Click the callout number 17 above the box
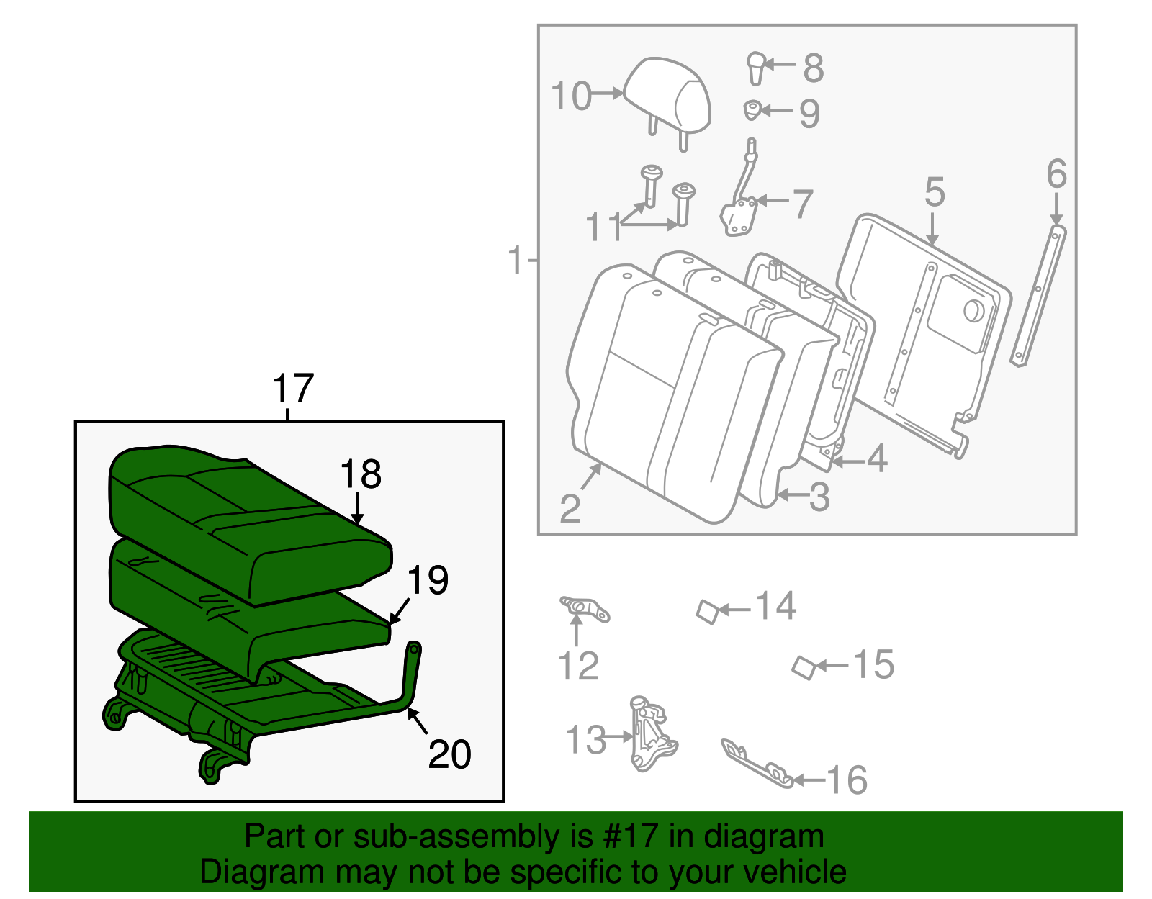293,389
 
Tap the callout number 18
360,475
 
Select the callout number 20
449,754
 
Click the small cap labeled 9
752,110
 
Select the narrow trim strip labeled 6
1038,295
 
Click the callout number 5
934,192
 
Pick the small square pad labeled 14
708,612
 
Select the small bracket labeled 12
585,608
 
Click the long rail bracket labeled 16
756,764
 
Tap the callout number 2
570,509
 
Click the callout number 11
603,227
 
